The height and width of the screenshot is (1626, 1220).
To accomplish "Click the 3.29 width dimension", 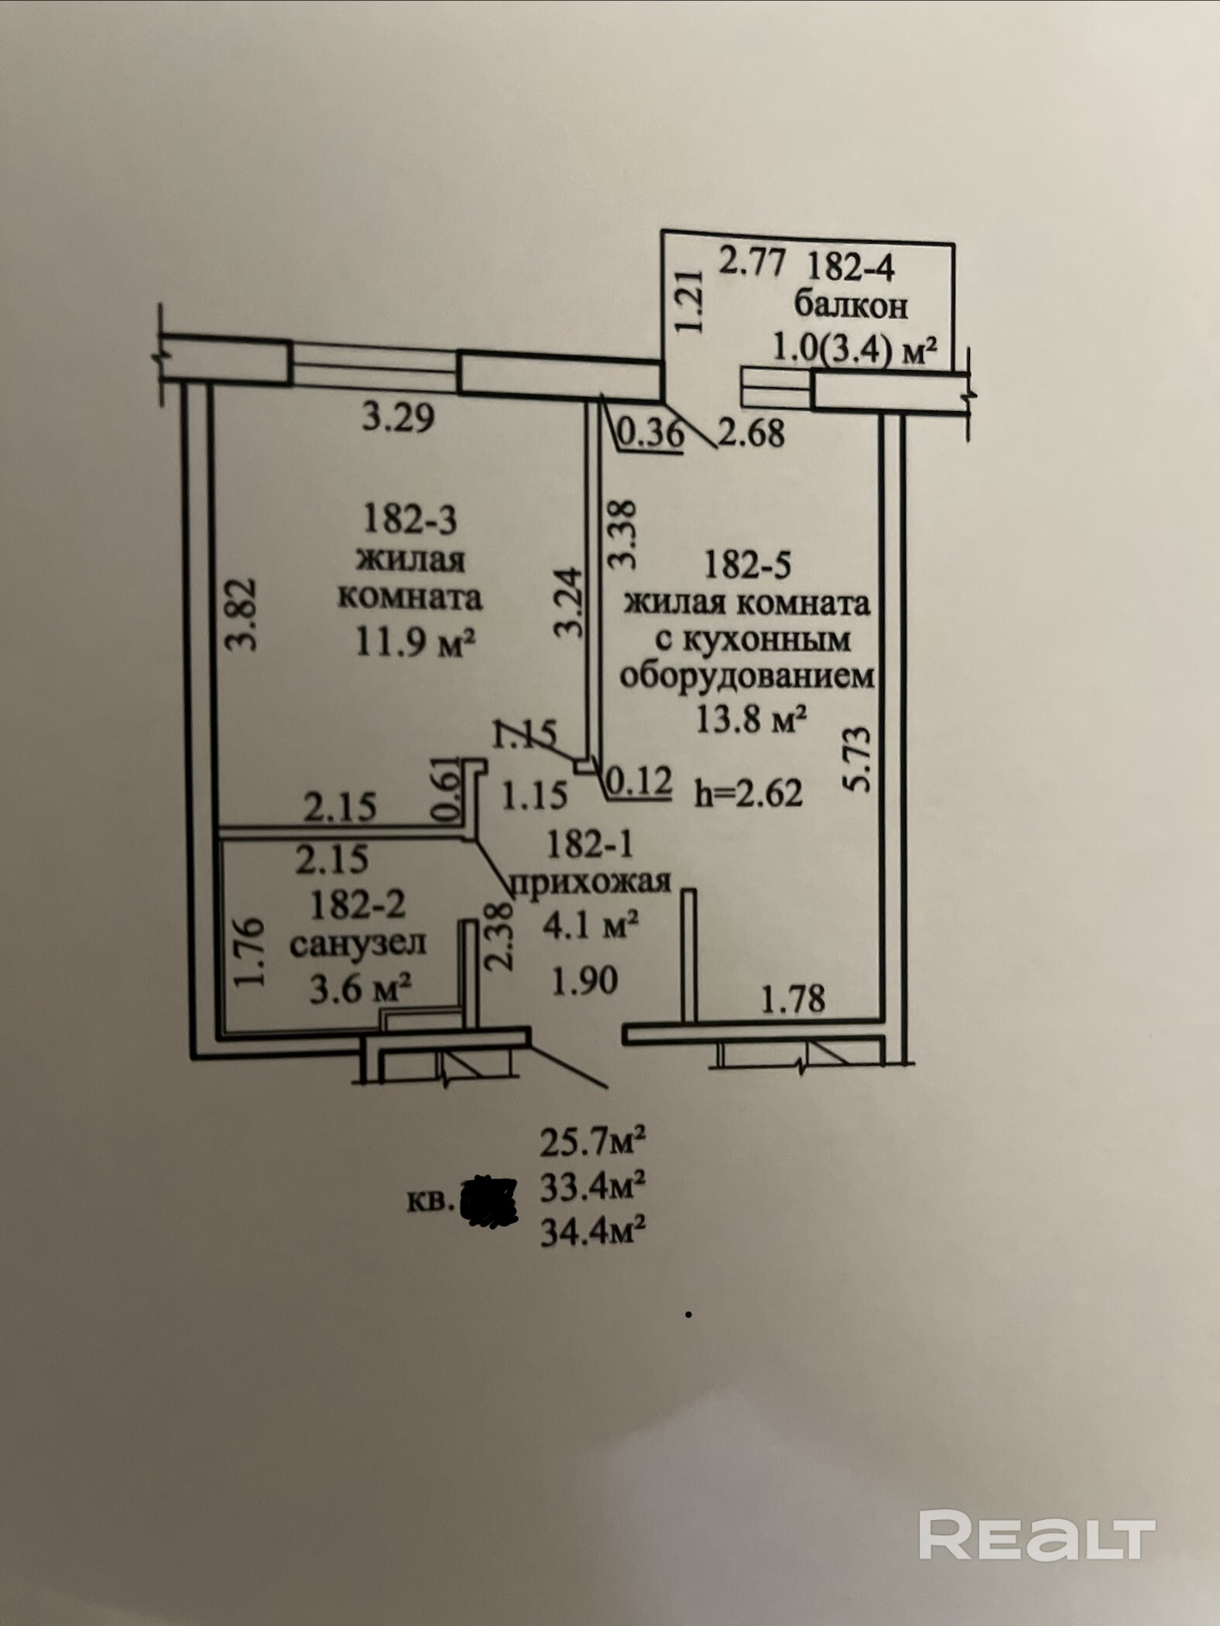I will click(x=399, y=419).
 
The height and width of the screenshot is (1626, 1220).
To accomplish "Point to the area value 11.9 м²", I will click(x=414, y=641).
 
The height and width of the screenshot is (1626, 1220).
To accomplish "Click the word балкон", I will click(x=851, y=307).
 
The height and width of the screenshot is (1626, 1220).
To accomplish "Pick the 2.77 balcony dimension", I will click(x=752, y=261).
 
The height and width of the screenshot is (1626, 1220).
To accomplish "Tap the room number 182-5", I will click(x=747, y=565).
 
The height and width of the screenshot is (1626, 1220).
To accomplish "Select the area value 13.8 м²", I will click(x=752, y=720).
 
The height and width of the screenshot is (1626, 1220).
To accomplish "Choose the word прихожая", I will click(x=590, y=881).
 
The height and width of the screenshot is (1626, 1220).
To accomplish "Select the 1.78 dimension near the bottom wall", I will click(x=793, y=998).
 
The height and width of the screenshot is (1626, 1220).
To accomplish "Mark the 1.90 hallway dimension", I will click(x=584, y=981).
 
